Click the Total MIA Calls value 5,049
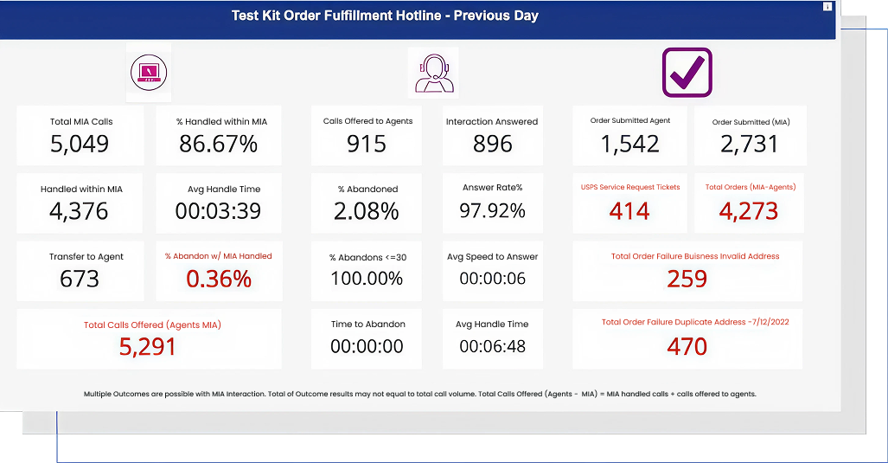click(80, 144)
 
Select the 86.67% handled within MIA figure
click(219, 144)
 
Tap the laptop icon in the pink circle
click(149, 73)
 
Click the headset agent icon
click(434, 73)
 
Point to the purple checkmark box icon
click(687, 73)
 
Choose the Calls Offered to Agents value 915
click(367, 144)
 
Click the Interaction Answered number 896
click(493, 144)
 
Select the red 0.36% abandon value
click(219, 279)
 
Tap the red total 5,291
click(147, 346)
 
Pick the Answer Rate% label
click(492, 188)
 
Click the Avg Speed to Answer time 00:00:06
click(492, 279)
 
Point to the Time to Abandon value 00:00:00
click(367, 346)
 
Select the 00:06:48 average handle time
click(492, 346)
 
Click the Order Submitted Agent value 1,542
click(629, 144)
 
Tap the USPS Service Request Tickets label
click(630, 187)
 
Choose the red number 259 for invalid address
click(687, 279)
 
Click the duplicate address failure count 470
click(687, 346)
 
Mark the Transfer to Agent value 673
click(80, 279)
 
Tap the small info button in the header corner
click(827, 6)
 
